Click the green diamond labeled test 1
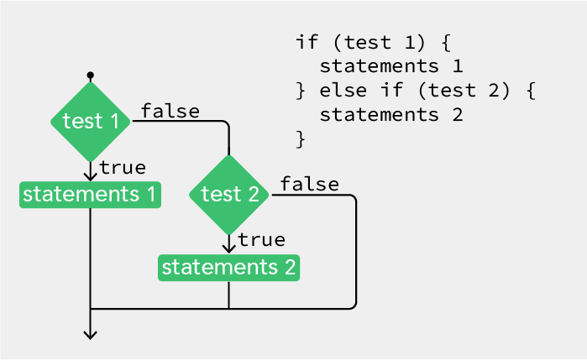coord(90,122)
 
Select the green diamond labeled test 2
coord(229,195)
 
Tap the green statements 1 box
coord(90,195)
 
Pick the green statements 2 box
coord(228,268)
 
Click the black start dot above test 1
coord(90,76)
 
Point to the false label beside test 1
coord(170,111)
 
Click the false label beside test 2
coord(310,184)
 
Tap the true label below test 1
coord(123,167)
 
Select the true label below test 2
coord(261,240)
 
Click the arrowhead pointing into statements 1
coord(90,176)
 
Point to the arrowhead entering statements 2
coord(228,249)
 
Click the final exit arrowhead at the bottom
coord(90,335)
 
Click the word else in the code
coord(343,91)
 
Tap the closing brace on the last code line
coord(301,139)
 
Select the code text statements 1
coord(391,66)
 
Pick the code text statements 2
coord(391,115)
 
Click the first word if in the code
coord(307,42)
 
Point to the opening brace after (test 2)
coord(531,91)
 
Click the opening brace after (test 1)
coord(446,42)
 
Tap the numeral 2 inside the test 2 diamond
coord(254,194)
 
